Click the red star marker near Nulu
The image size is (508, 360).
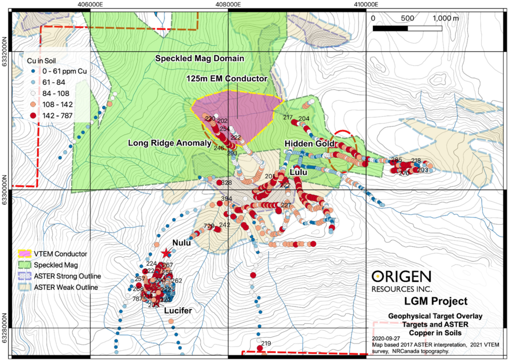click(166, 253)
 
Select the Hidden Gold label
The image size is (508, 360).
click(308, 143)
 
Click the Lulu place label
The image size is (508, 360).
click(298, 172)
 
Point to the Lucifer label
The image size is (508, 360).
click(178, 310)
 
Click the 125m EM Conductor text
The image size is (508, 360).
click(227, 78)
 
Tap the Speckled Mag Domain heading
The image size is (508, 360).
click(199, 59)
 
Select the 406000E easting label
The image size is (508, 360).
click(90, 4)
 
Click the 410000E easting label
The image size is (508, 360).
click(366, 4)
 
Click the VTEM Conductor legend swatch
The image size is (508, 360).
click(24, 254)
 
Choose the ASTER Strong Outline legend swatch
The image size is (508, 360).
click(24, 276)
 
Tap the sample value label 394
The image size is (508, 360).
click(226, 199)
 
